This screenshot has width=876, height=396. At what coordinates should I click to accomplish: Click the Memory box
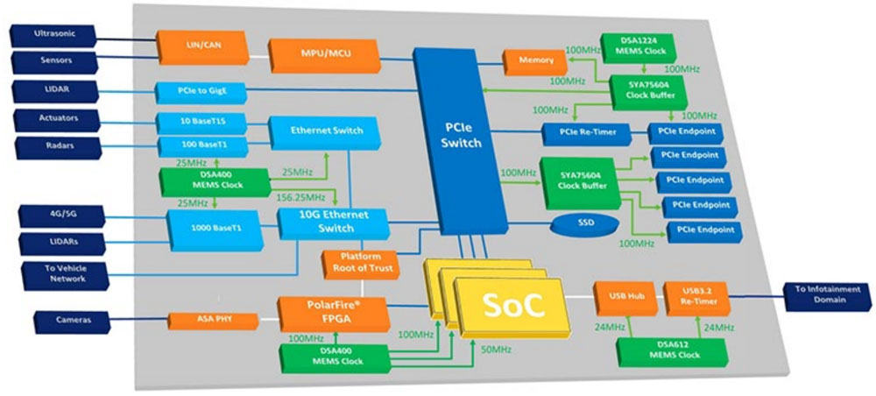(x=534, y=60)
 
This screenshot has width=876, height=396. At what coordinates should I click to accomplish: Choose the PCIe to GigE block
(x=200, y=91)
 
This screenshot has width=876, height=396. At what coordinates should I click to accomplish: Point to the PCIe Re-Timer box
(x=586, y=132)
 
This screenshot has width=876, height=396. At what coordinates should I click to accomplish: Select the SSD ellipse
(x=586, y=223)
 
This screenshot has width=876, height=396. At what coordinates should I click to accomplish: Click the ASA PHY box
(x=212, y=320)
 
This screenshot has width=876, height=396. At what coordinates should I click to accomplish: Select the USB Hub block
(x=620, y=297)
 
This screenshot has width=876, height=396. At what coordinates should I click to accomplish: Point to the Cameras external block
(x=74, y=321)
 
